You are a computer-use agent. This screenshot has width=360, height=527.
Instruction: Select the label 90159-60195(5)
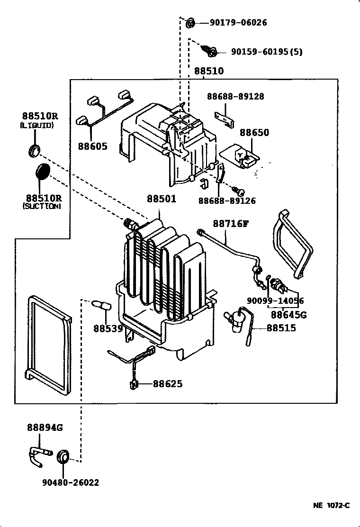[266, 52]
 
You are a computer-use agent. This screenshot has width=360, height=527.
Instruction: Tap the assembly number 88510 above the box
[208, 71]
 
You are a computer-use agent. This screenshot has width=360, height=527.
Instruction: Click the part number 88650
[254, 133]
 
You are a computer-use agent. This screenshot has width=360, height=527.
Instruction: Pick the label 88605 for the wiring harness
[93, 146]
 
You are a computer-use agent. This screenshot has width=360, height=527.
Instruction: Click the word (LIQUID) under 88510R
[37, 126]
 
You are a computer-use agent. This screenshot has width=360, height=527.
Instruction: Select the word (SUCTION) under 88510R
[42, 207]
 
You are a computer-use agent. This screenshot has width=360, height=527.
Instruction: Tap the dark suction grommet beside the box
[43, 171]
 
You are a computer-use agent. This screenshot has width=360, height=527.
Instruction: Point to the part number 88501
[161, 199]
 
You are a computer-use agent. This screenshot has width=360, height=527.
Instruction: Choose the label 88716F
[230, 224]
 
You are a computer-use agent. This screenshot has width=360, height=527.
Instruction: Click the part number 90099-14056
[275, 300]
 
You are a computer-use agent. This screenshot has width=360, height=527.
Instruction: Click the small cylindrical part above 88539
[102, 306]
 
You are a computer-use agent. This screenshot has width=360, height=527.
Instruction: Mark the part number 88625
[167, 383]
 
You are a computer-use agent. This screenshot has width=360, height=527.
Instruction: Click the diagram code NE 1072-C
[331, 505]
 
